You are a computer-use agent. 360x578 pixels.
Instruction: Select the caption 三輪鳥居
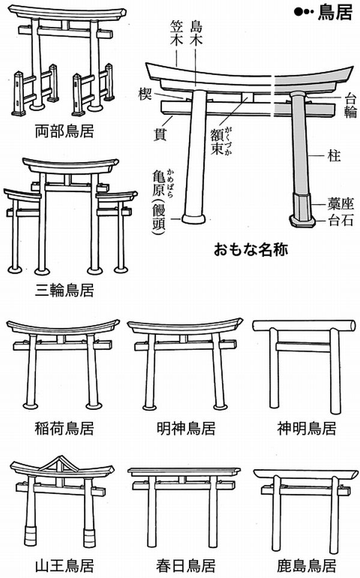pos(64,291)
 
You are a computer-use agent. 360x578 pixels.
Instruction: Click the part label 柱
pos(334,157)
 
